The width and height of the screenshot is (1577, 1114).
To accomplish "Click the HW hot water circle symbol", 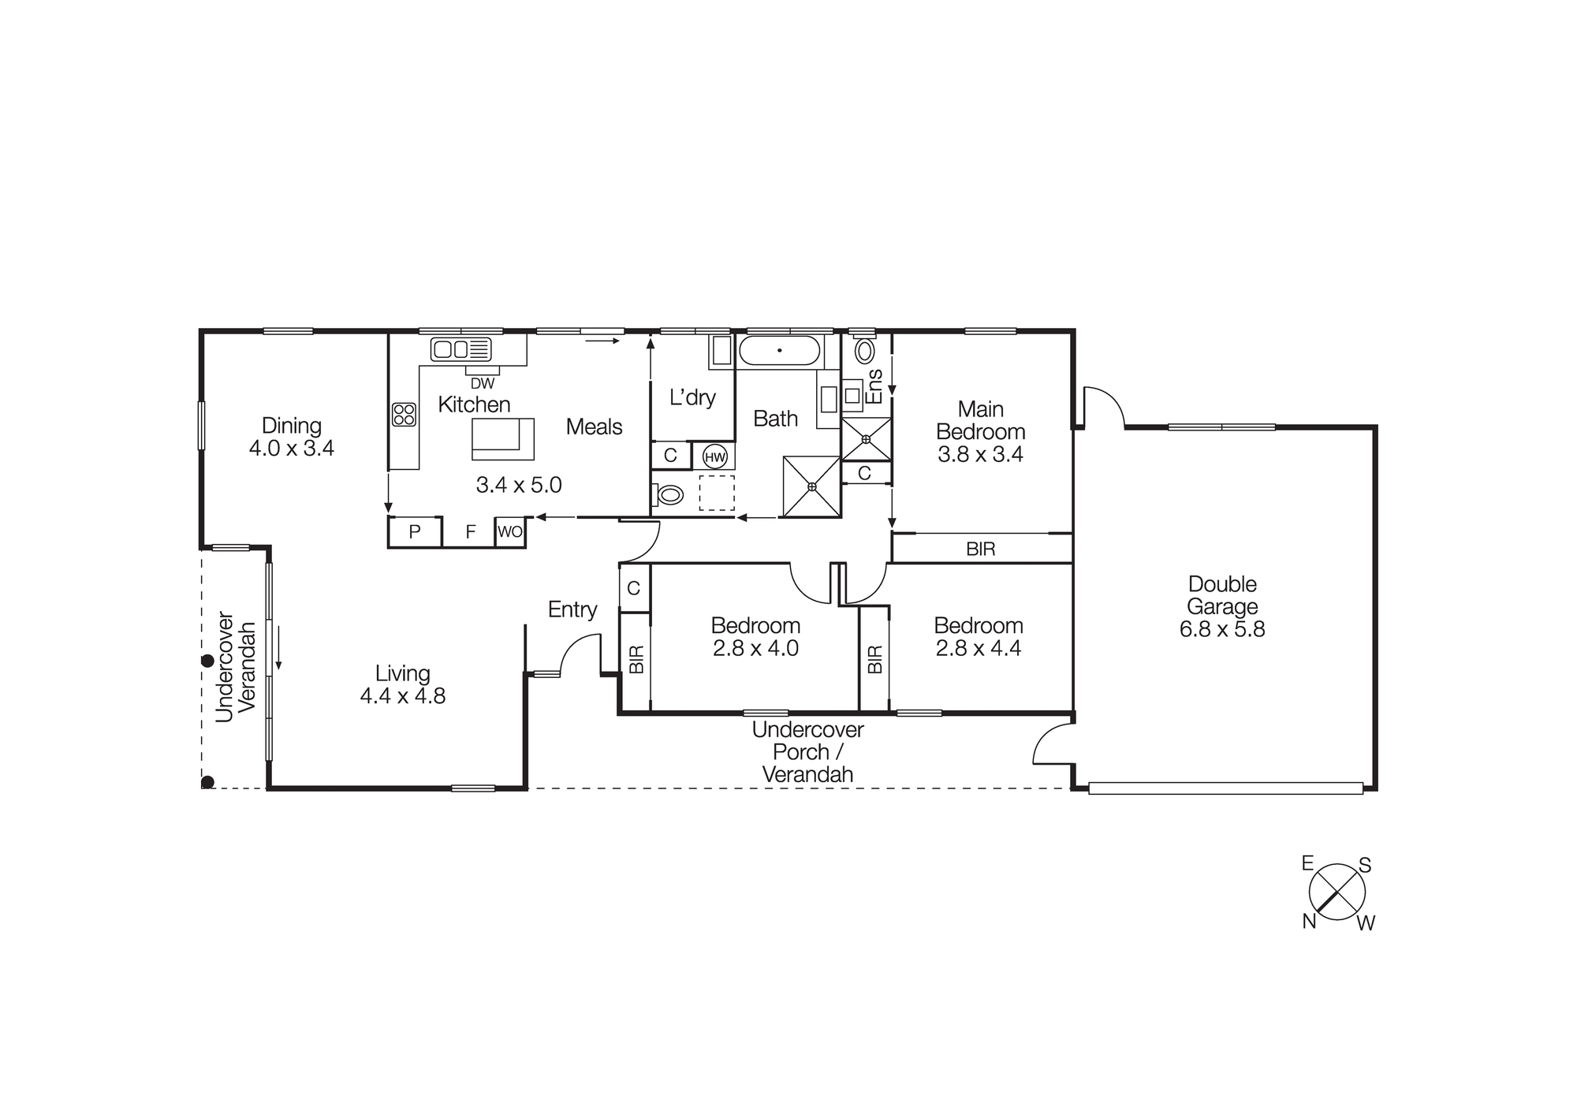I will click(x=714, y=456).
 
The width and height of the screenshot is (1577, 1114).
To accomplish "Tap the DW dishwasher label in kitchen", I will click(x=483, y=384).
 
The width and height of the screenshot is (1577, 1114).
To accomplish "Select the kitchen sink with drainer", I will click(x=461, y=348).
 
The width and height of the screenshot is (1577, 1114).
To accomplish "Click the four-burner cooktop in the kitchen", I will click(x=404, y=414).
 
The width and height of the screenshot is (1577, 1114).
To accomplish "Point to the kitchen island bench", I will click(x=503, y=439).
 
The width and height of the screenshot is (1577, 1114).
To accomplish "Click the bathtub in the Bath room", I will click(x=779, y=350).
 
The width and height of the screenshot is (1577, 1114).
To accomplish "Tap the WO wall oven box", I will click(x=509, y=532).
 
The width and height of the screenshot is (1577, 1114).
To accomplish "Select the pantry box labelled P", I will click(x=415, y=532).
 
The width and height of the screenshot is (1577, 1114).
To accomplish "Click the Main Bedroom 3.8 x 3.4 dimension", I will click(x=980, y=455).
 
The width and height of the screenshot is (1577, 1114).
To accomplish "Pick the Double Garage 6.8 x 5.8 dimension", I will click(x=1222, y=629).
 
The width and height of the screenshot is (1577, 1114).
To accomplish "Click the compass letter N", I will click(x=1309, y=921).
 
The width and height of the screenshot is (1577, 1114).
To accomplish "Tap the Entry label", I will click(x=572, y=609).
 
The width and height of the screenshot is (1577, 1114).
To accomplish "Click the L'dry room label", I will click(x=692, y=397).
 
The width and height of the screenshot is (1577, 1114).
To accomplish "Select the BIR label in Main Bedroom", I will click(x=980, y=550).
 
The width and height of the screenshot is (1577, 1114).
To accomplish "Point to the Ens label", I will click(x=874, y=386).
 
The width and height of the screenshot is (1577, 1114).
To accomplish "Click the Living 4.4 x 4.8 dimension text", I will click(x=402, y=696).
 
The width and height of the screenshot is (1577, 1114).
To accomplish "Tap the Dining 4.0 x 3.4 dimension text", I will click(x=292, y=449).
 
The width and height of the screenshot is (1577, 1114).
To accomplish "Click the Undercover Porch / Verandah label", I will click(x=807, y=752).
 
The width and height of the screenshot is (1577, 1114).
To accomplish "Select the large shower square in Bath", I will click(x=811, y=486).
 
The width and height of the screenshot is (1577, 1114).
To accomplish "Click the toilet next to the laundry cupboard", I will click(x=669, y=495).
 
